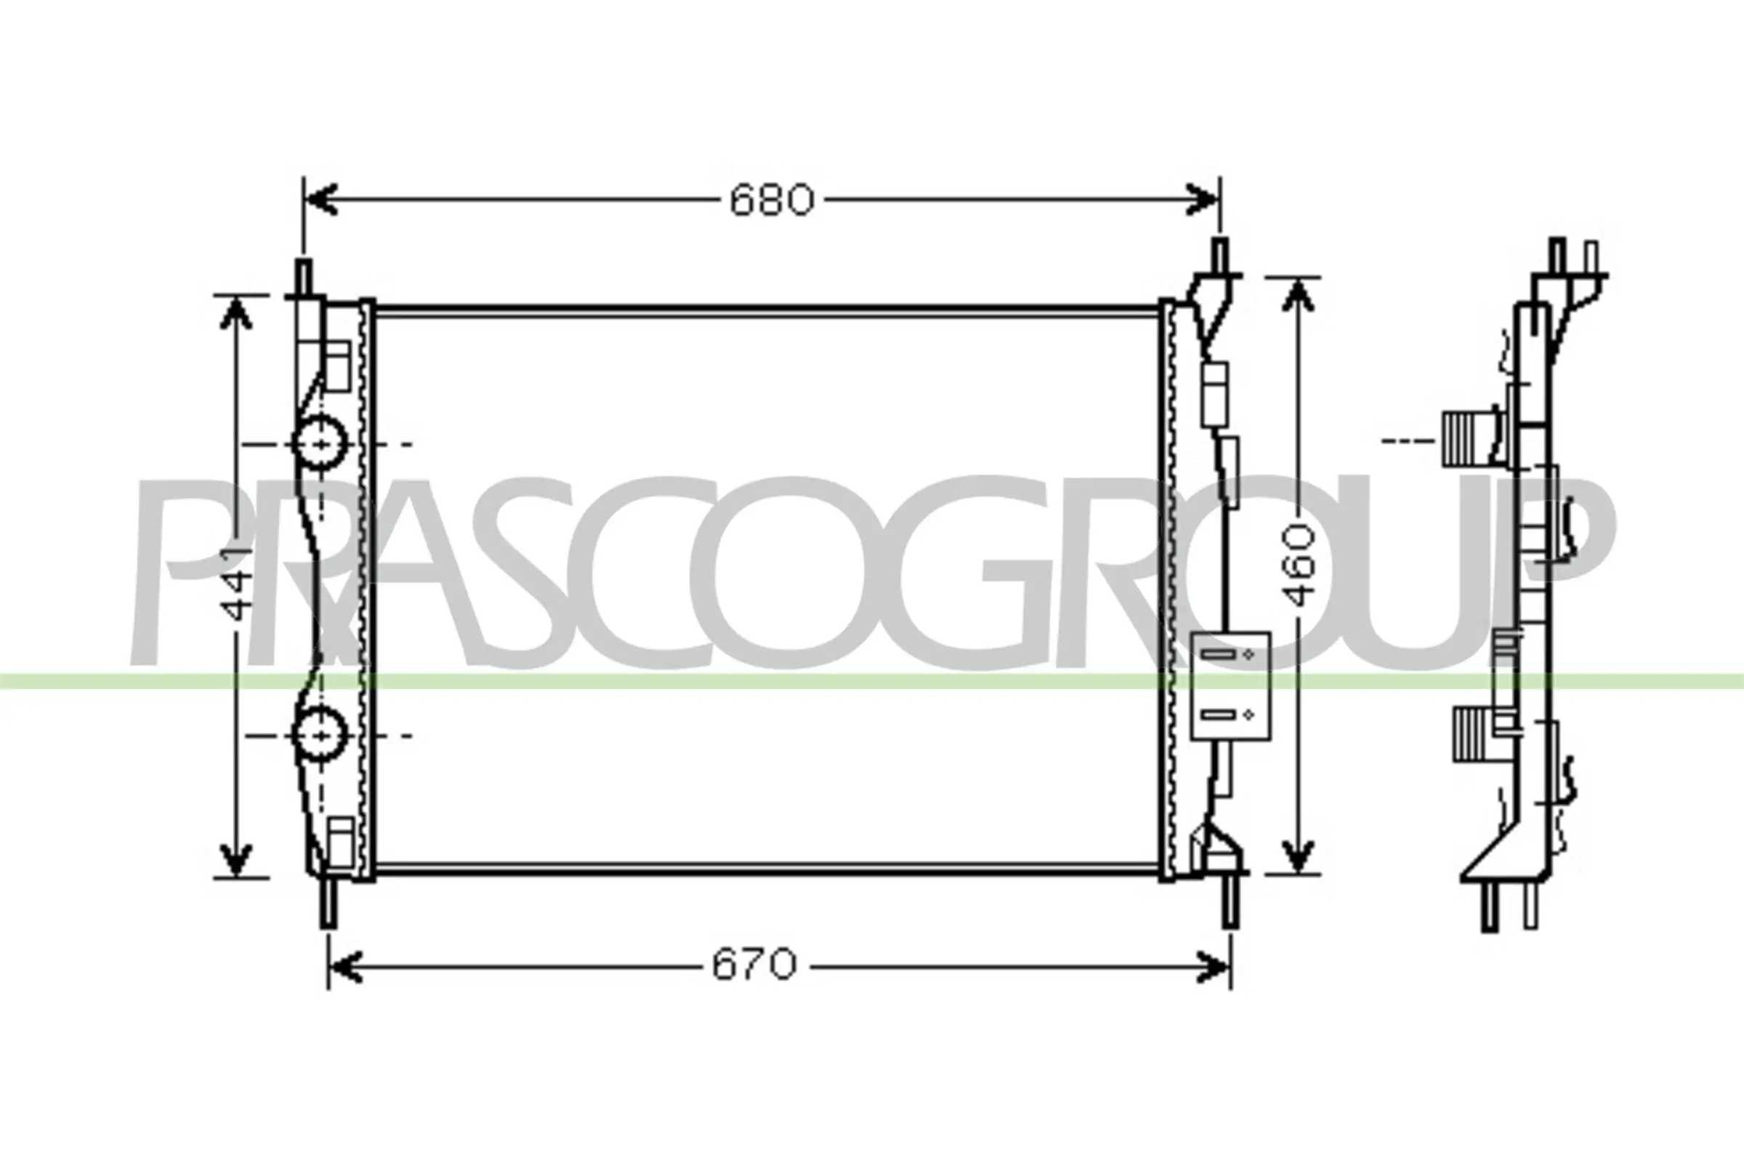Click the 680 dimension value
[x=771, y=201]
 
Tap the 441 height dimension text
[x=239, y=586]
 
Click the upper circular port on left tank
[x=320, y=443]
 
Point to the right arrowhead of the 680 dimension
[x=1203, y=199]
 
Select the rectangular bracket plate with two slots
[x=1230, y=685]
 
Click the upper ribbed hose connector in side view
[x=1459, y=438]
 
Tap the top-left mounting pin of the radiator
[x=304, y=278]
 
